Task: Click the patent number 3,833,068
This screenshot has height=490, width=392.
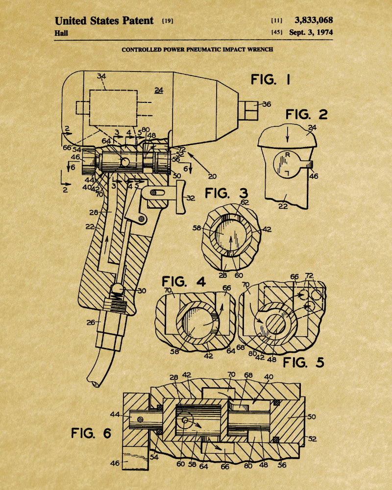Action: point(314,20)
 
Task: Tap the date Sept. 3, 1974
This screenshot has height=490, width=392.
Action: point(311,32)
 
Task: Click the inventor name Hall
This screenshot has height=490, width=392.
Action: point(61,33)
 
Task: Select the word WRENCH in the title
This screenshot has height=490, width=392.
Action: point(261,49)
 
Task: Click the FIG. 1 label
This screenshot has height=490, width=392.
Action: point(270,80)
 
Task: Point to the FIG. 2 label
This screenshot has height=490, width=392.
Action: point(306,114)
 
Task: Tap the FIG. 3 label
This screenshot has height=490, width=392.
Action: point(226,193)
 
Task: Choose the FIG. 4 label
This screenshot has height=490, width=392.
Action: point(183,282)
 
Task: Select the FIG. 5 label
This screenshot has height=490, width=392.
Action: point(303,363)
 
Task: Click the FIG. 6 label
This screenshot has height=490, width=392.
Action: point(91,433)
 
